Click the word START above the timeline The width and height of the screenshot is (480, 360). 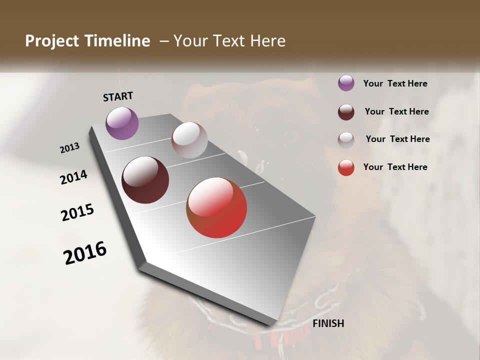click(x=118, y=96)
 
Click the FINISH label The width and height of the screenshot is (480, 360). click(x=328, y=323)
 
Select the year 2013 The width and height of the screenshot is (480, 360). click(x=70, y=148)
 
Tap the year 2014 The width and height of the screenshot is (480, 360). click(x=73, y=177)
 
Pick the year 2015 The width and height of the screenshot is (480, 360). click(x=77, y=212)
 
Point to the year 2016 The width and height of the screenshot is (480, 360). click(x=85, y=253)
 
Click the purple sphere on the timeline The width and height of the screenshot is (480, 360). click(x=122, y=123)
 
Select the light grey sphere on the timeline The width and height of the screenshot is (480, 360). click(x=189, y=140)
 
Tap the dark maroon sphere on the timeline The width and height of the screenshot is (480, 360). click(x=145, y=180)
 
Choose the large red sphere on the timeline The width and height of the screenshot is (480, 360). click(x=216, y=207)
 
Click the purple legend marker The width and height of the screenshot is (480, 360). click(x=346, y=83)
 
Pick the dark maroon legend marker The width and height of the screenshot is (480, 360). click(x=346, y=112)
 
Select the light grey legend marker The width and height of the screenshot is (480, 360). click(x=346, y=140)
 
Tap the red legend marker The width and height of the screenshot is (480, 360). click(x=346, y=167)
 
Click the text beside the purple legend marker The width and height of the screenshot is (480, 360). click(x=395, y=83)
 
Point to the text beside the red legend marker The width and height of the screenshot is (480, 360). click(x=395, y=167)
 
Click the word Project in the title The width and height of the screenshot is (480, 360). click(x=52, y=41)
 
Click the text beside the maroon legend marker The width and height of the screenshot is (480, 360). click(x=396, y=111)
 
